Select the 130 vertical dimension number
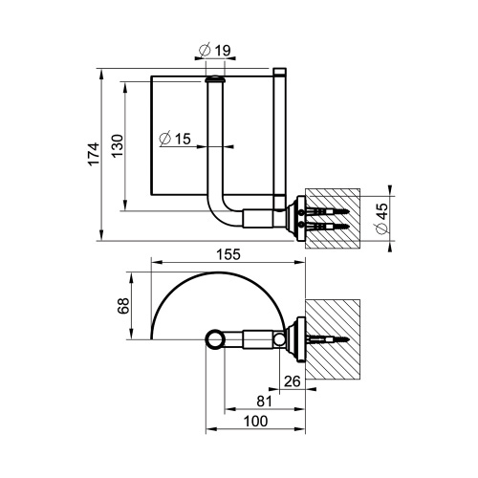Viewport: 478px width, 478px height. click(x=115, y=145)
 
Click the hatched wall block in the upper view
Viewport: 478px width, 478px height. click(x=333, y=217)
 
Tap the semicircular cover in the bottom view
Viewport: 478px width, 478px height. click(x=218, y=301)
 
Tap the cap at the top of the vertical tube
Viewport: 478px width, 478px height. click(x=217, y=83)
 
